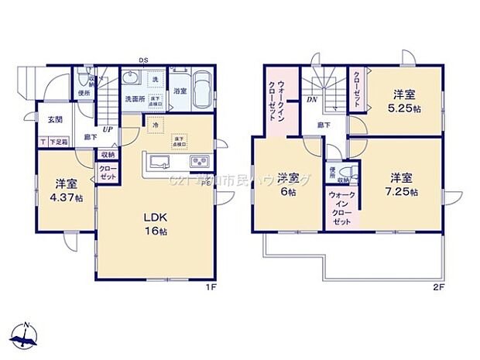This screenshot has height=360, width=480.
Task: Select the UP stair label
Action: [108, 129]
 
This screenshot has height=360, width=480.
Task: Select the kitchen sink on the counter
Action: [161, 161]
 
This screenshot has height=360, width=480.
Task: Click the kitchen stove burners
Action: [197, 161]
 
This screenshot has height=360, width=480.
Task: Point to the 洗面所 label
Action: [135, 99]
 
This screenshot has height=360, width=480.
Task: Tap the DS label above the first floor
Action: [143, 60]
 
